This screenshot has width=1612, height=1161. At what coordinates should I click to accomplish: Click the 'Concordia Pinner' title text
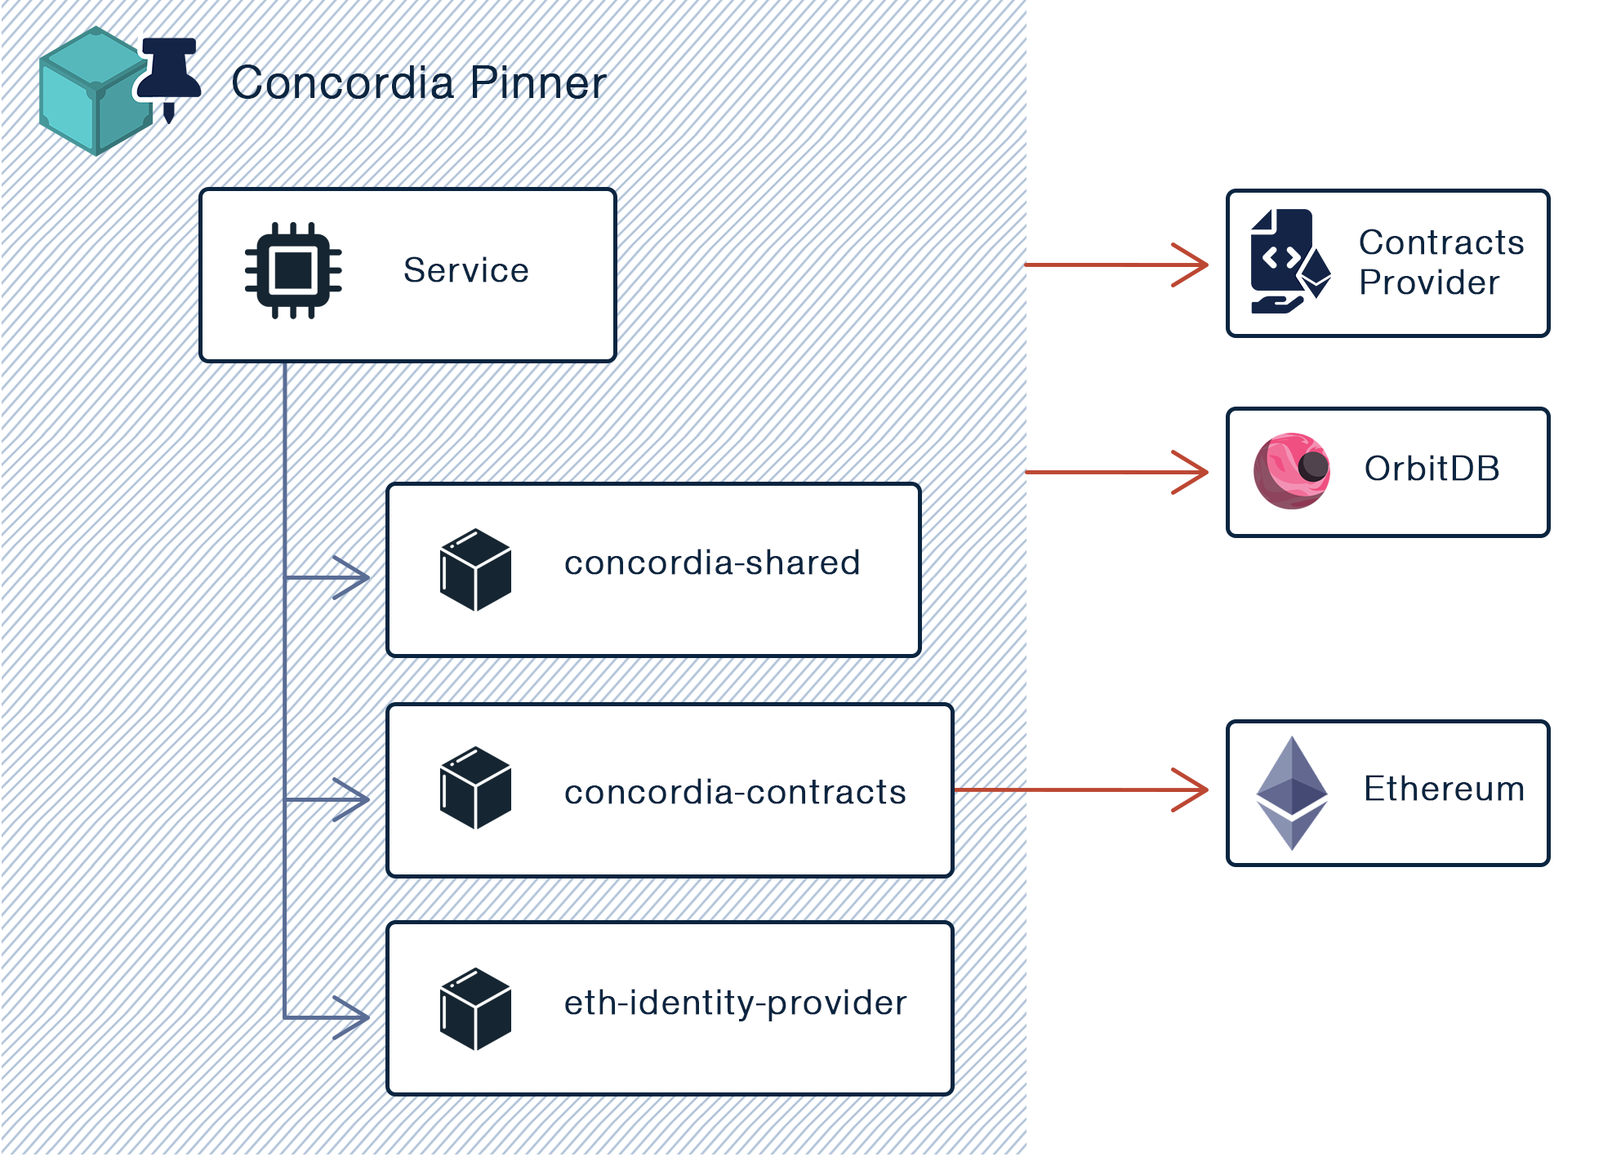click(x=418, y=83)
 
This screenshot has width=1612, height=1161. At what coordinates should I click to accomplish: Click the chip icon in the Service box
click(x=293, y=270)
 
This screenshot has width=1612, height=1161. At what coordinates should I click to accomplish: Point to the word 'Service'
click(x=465, y=270)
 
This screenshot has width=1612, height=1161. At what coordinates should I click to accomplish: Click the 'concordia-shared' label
click(x=712, y=563)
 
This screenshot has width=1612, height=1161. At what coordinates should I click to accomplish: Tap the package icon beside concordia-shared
click(x=475, y=570)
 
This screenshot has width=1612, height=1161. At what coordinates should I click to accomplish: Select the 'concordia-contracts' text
click(x=735, y=792)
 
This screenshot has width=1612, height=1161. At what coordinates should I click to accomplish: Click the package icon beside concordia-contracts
click(x=475, y=789)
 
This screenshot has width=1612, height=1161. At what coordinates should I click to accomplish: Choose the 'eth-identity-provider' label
click(x=735, y=1003)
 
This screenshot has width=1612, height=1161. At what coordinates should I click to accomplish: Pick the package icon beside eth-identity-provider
click(x=475, y=1009)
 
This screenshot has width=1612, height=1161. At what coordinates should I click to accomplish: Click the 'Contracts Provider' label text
click(x=1441, y=262)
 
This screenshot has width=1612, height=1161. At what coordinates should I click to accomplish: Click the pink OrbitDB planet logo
click(x=1291, y=471)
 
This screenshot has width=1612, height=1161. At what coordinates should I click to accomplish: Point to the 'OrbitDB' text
click(x=1432, y=469)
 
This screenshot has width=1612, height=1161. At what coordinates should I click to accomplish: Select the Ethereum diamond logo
click(x=1291, y=793)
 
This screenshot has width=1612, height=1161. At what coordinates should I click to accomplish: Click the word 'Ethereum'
click(x=1444, y=789)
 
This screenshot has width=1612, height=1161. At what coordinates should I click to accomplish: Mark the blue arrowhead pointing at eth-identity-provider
click(x=353, y=1017)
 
